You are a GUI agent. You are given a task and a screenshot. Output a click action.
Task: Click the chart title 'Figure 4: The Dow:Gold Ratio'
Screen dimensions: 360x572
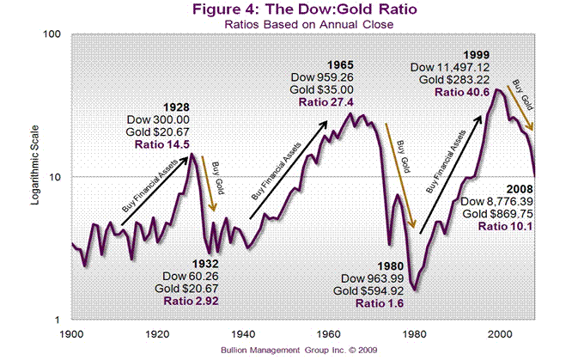pos(285,10)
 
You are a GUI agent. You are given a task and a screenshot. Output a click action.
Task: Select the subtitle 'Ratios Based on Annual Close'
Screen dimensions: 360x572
pos(285,24)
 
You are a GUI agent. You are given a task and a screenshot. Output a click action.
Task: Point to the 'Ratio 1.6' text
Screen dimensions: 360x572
pos(373,303)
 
